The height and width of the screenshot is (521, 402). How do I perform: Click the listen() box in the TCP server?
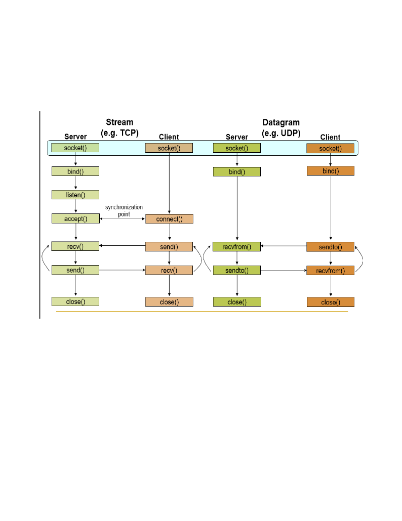coord(75,195)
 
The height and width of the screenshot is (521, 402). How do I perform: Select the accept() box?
coord(75,219)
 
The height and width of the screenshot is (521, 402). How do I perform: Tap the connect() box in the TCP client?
coord(169,219)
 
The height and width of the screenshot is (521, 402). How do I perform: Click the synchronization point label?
coord(124,210)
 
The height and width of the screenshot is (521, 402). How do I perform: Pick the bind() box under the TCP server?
coord(75,171)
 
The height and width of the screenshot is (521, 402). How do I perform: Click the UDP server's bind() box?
coord(236,172)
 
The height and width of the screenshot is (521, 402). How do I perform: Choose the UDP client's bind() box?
coord(330,171)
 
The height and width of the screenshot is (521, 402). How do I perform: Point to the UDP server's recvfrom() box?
coord(236,247)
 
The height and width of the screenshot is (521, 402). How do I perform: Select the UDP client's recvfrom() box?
coord(330,271)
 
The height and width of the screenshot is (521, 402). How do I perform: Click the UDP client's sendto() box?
coord(330,247)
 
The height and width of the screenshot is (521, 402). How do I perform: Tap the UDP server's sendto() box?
coord(236,271)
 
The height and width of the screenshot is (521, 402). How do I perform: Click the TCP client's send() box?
coord(169,247)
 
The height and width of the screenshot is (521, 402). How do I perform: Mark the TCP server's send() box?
coord(75,270)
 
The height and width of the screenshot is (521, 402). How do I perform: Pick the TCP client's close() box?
coord(169,302)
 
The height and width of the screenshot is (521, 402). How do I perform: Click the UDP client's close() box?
coord(330,302)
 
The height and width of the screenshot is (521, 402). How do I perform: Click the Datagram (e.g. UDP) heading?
coord(281,127)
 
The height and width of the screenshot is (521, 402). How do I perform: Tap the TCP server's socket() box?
coord(75,148)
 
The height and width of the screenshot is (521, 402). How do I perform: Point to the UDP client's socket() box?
coord(330,148)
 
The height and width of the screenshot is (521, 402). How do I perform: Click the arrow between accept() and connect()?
coord(122,219)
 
